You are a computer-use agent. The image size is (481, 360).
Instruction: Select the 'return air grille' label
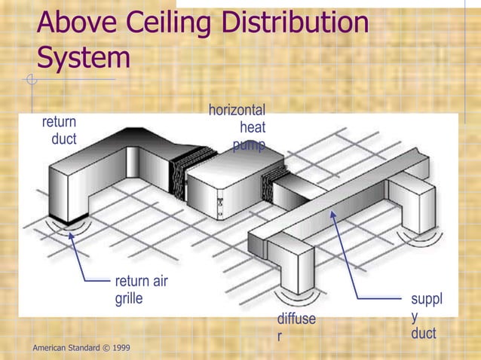tap(141, 290)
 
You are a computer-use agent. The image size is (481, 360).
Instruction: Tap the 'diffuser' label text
tap(295, 328)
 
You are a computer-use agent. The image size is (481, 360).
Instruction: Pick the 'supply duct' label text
tap(426, 316)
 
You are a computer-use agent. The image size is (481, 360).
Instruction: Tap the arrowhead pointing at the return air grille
tap(72, 236)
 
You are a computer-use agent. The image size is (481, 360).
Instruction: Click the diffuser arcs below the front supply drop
tap(294, 291)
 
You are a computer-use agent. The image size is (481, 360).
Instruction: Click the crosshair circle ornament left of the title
tap(30, 79)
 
